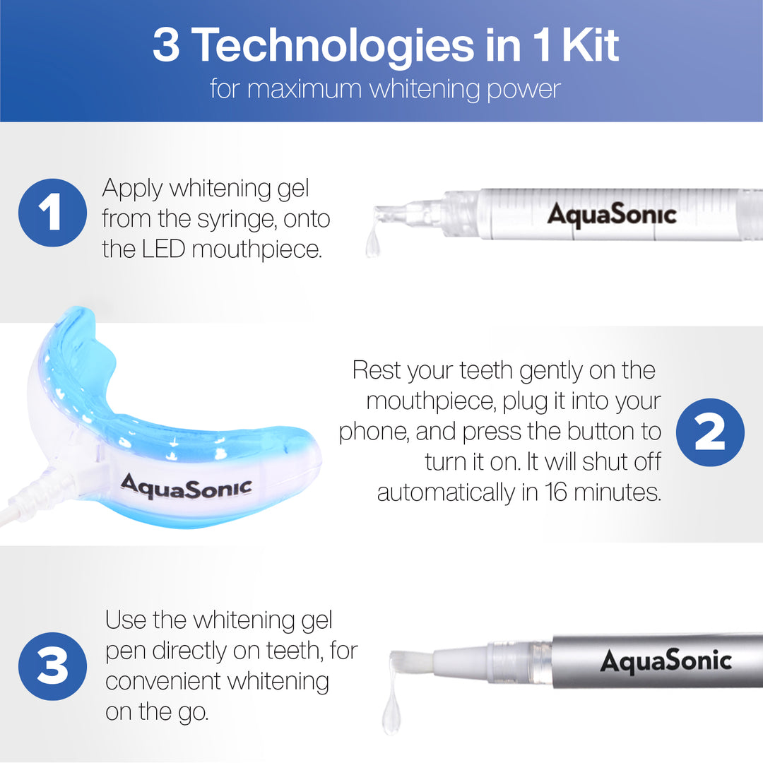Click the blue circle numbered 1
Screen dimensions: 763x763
click(52, 213)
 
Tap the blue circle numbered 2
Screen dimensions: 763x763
click(710, 433)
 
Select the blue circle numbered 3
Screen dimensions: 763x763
click(52, 666)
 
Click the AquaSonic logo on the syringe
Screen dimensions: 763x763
click(612, 214)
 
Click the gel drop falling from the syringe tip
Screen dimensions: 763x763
click(372, 244)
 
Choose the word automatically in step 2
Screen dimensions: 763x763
click(446, 492)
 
